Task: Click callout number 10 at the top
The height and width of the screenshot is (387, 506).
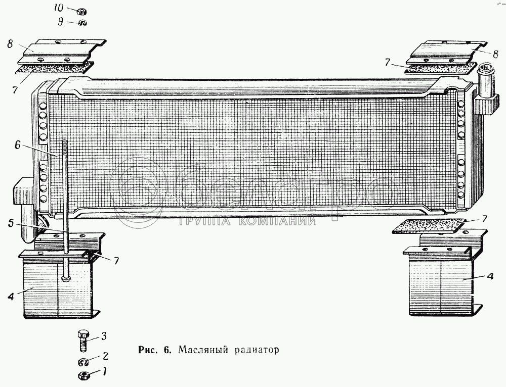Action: pyautogui.click(x=58, y=9)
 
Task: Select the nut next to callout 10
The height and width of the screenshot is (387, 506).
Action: pyautogui.click(x=80, y=11)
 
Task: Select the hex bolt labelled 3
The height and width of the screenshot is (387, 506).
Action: pyautogui.click(x=83, y=340)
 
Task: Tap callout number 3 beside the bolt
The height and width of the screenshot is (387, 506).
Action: pyautogui.click(x=104, y=335)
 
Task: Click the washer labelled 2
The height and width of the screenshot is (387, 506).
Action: pyautogui.click(x=84, y=362)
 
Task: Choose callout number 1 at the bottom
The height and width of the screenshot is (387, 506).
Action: pyautogui.click(x=104, y=373)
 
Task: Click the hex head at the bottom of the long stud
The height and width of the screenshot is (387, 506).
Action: pyautogui.click(x=66, y=278)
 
